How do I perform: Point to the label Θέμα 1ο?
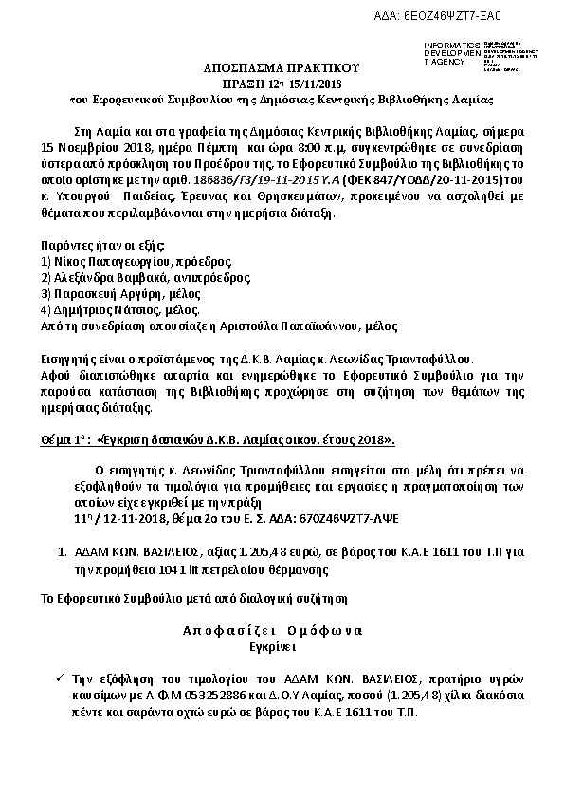tap(65, 440)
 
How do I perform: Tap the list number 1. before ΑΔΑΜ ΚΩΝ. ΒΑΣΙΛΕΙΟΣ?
tap(63, 551)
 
